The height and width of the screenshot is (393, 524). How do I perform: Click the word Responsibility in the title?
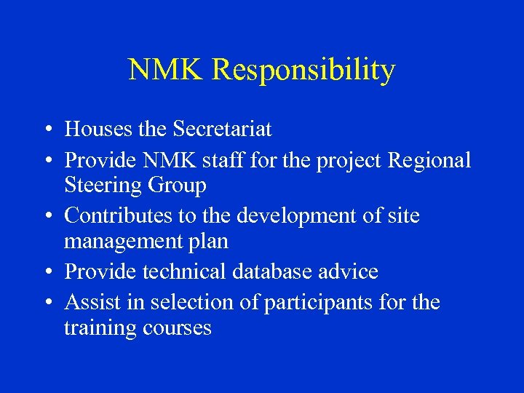(x=304, y=71)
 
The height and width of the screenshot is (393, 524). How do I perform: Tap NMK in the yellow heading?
(x=167, y=71)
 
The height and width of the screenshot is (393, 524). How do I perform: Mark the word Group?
(x=179, y=186)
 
